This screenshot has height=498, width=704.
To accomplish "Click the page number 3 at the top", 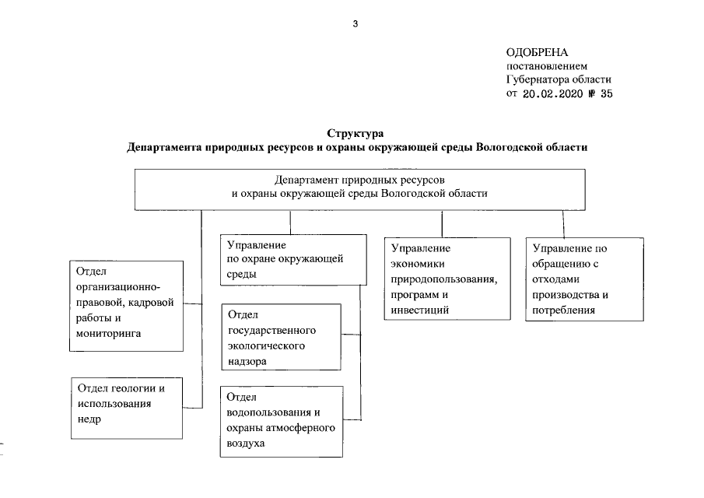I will click(355, 23).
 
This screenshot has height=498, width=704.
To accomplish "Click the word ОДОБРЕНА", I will click(535, 52).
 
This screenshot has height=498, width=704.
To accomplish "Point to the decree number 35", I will click(608, 93).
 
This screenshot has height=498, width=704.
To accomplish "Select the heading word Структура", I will click(356, 133).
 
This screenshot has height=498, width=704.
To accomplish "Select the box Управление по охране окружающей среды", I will click(292, 260).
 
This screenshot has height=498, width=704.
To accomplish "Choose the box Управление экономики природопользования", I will click(442, 279).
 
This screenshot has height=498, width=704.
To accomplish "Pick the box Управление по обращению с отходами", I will click(585, 279).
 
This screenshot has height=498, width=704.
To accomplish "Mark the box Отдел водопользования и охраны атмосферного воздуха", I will click(281, 420).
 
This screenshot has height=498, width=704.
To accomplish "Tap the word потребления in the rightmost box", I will click(564, 310).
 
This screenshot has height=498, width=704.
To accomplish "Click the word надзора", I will click(247, 362).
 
